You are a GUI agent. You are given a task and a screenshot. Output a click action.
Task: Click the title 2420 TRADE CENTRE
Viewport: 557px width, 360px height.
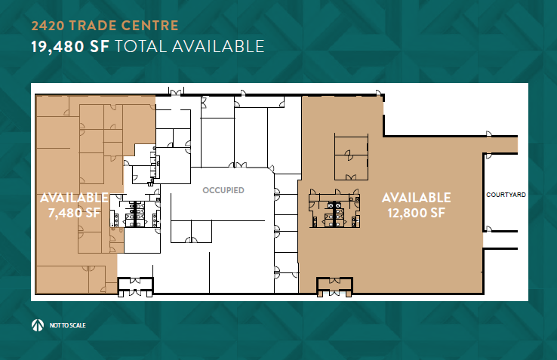point(104,26)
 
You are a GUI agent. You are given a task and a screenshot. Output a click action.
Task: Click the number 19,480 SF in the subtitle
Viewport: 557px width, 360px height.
point(70,47)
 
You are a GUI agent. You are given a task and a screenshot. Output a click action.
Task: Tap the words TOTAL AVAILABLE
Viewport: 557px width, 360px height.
point(189,47)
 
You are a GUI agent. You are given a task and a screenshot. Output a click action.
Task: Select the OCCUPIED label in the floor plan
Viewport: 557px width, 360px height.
point(223,191)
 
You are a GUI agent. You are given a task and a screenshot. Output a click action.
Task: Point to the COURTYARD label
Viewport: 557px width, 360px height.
point(506,194)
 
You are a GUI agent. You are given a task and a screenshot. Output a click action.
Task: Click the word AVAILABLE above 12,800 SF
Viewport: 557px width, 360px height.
point(416,198)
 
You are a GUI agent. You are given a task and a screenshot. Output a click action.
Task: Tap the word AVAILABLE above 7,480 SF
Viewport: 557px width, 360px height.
point(73,198)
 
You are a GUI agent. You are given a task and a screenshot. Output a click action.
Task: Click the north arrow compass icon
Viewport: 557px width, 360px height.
point(38,325)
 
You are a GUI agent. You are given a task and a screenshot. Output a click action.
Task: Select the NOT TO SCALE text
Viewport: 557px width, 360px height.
point(69,325)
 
